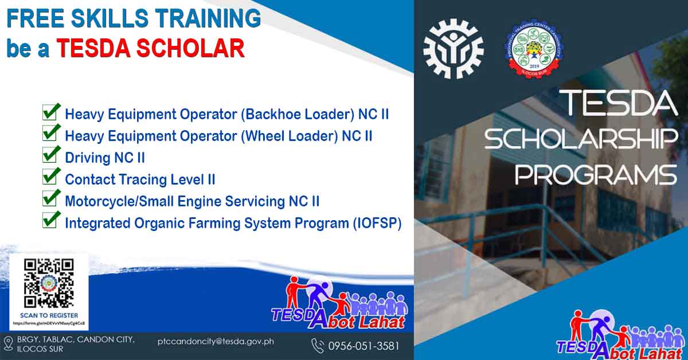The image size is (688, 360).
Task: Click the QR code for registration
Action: click(49, 283)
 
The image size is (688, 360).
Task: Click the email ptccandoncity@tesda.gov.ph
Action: click(216, 342)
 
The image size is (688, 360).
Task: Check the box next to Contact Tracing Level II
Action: click(51, 178)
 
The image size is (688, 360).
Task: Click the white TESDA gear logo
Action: click(453, 49)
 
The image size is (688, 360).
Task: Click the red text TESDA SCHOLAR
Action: click(150, 49)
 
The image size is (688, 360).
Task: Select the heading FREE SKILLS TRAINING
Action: click(134, 19)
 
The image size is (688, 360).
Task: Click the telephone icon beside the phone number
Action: click(317, 346)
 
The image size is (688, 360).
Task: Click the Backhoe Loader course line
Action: click(226, 114)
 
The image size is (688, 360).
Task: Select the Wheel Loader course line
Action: click(218, 136)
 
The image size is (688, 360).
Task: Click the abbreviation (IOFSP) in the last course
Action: click(376, 223)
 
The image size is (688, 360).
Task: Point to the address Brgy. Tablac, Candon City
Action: click(76, 340)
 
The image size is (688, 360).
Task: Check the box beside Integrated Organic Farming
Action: click(51, 221)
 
